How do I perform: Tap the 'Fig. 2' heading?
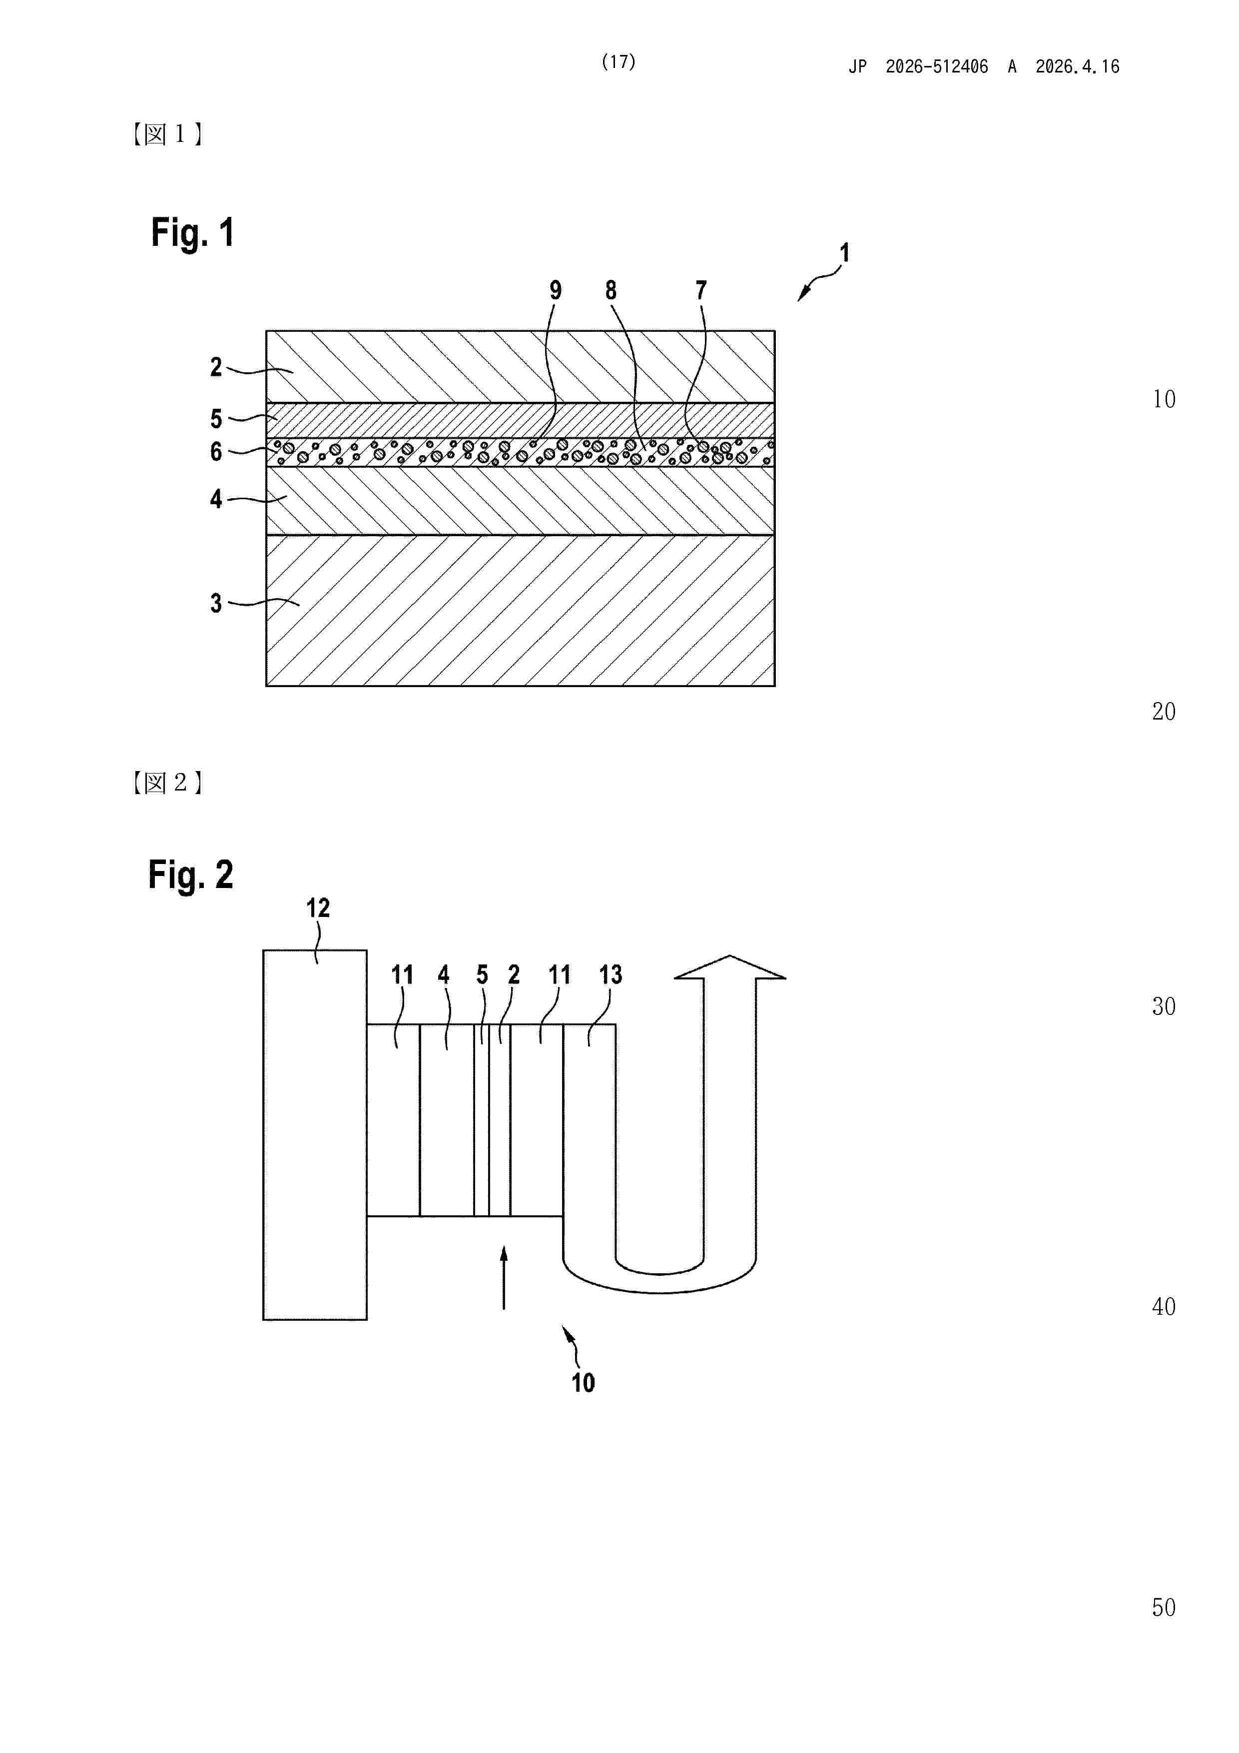[x=190, y=875]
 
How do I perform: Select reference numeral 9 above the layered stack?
[x=556, y=290]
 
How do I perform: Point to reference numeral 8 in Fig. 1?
[x=611, y=290]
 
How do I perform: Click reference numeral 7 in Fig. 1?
[x=701, y=290]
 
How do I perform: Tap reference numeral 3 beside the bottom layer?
[x=216, y=603]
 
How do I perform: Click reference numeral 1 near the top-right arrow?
[x=844, y=253]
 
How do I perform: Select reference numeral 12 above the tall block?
[x=318, y=908]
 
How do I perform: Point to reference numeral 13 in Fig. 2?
[x=610, y=975]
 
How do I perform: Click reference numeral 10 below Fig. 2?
[x=583, y=1383]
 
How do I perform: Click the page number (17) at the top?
[x=619, y=62]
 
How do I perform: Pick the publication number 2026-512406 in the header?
[x=937, y=67]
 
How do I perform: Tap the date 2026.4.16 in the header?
[x=1077, y=67]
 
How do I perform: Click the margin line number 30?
[x=1164, y=1006]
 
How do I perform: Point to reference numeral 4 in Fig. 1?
[x=216, y=499]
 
